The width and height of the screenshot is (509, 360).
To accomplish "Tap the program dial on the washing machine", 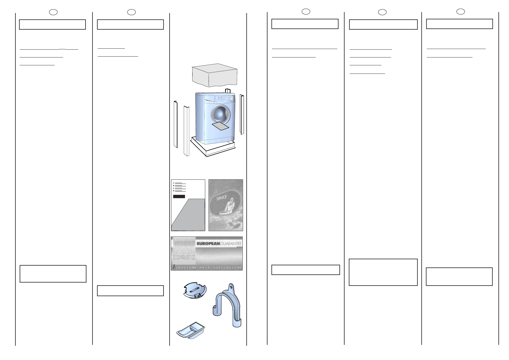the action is pyautogui.click(x=231, y=99).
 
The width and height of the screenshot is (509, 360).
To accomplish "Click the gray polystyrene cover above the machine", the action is pyautogui.click(x=215, y=75).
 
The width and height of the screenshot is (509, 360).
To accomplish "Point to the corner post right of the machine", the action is pyautogui.click(x=242, y=114).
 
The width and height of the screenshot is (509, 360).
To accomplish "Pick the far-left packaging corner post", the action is pyautogui.click(x=175, y=124).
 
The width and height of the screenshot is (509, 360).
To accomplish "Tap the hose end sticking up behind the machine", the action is pyautogui.click(x=228, y=90).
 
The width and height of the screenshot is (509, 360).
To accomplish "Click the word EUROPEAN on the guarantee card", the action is pyautogui.click(x=207, y=244).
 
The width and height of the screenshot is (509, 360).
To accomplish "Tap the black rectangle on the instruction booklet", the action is pyautogui.click(x=179, y=197).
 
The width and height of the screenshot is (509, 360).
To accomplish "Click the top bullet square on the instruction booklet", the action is pyautogui.click(x=174, y=183).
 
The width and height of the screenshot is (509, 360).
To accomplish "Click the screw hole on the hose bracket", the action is pyautogui.click(x=231, y=286).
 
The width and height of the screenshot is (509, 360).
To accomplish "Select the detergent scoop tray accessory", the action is pyautogui.click(x=190, y=330).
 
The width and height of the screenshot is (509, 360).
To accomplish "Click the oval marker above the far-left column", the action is pyautogui.click(x=53, y=12).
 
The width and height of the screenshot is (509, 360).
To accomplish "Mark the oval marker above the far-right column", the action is pyautogui.click(x=460, y=11).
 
